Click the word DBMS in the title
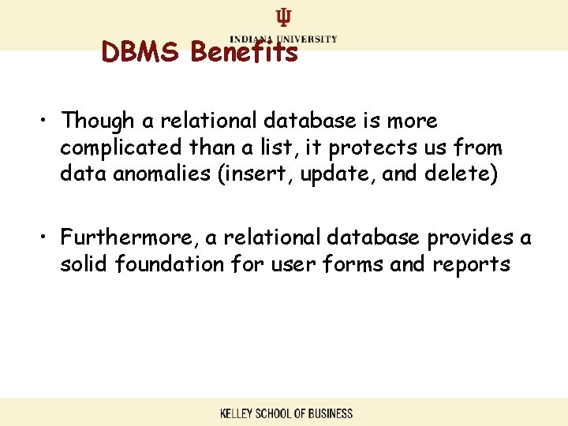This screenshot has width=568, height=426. [x=142, y=53]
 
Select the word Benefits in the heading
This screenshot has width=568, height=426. [x=244, y=53]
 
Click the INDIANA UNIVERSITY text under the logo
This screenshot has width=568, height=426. [x=283, y=39]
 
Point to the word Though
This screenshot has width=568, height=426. [x=95, y=121]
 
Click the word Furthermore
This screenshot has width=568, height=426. [x=122, y=237]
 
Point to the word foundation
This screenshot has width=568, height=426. [x=170, y=263]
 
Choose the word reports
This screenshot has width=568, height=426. [x=471, y=264]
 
